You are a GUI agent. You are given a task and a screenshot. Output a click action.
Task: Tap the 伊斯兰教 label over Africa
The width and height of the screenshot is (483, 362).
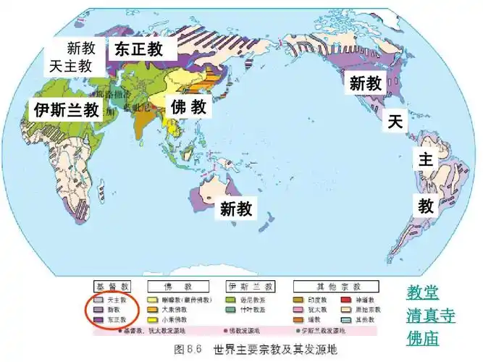click(66, 110)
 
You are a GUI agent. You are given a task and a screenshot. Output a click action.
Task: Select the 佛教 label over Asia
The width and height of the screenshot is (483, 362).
click(189, 108)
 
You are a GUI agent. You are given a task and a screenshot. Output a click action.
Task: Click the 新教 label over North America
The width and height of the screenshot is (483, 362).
click(365, 84)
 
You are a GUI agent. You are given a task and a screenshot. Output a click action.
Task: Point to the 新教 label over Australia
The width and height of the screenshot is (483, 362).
click(236, 209)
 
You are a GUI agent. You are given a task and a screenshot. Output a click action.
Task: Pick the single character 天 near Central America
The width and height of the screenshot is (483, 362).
click(395, 121)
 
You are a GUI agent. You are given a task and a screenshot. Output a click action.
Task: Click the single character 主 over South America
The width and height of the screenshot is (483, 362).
click(424, 161)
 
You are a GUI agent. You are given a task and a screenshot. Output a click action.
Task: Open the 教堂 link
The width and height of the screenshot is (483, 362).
click(422, 293)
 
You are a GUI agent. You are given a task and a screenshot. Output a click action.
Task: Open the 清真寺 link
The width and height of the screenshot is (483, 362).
click(430, 316)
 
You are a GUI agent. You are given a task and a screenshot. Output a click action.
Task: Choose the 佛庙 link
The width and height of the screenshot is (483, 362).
click(422, 338)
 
